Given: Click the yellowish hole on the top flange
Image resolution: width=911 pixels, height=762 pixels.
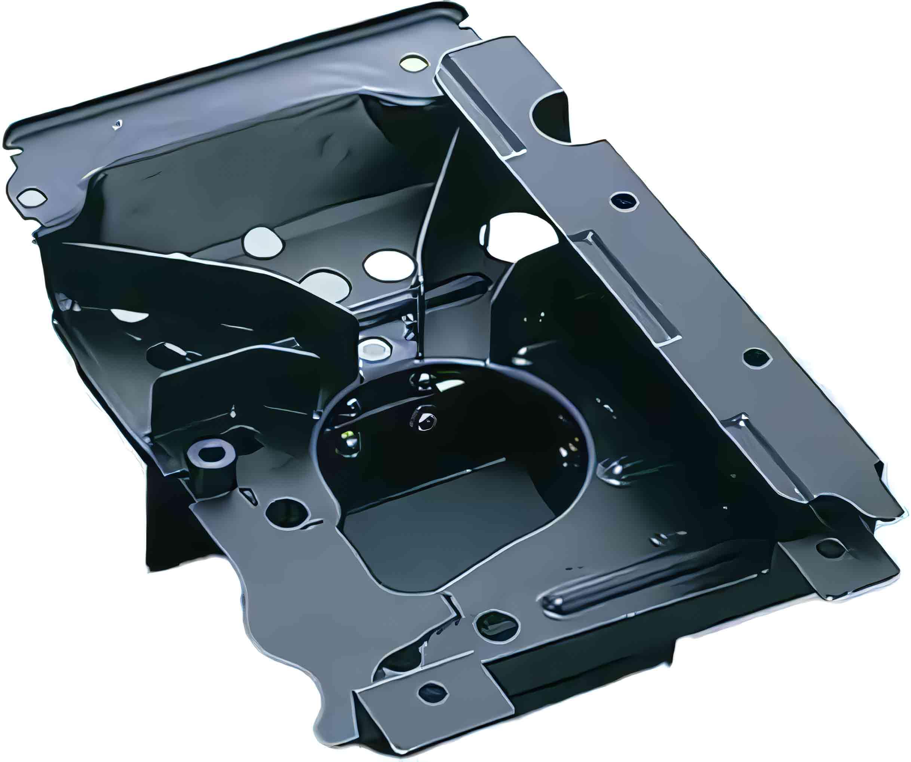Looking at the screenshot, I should (412, 63).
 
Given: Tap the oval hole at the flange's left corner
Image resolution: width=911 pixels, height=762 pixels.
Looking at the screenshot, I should (32, 198).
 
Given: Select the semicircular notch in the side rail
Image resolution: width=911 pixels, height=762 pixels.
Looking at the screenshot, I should (547, 114).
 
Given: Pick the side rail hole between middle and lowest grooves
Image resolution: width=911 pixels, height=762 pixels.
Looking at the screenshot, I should (757, 357).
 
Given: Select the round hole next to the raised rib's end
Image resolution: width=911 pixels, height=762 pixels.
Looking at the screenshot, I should (497, 625).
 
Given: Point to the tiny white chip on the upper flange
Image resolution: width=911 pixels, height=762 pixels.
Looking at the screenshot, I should (116, 125).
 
